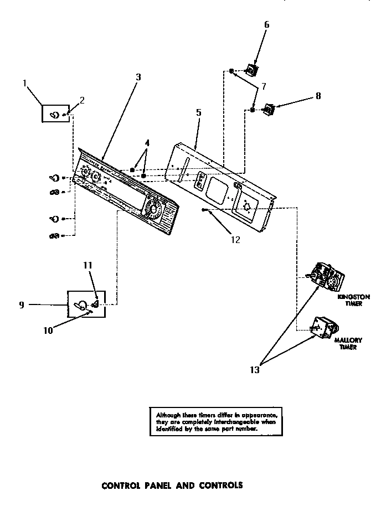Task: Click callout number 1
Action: (x=25, y=84)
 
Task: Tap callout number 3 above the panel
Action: (x=138, y=78)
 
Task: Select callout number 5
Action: (x=198, y=112)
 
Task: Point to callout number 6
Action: (x=266, y=24)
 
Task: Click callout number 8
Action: (x=318, y=95)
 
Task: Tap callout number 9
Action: (x=22, y=304)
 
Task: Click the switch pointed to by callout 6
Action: (x=253, y=70)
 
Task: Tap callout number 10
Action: (x=48, y=331)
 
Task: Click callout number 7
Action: (x=264, y=86)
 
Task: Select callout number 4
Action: (x=147, y=142)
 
